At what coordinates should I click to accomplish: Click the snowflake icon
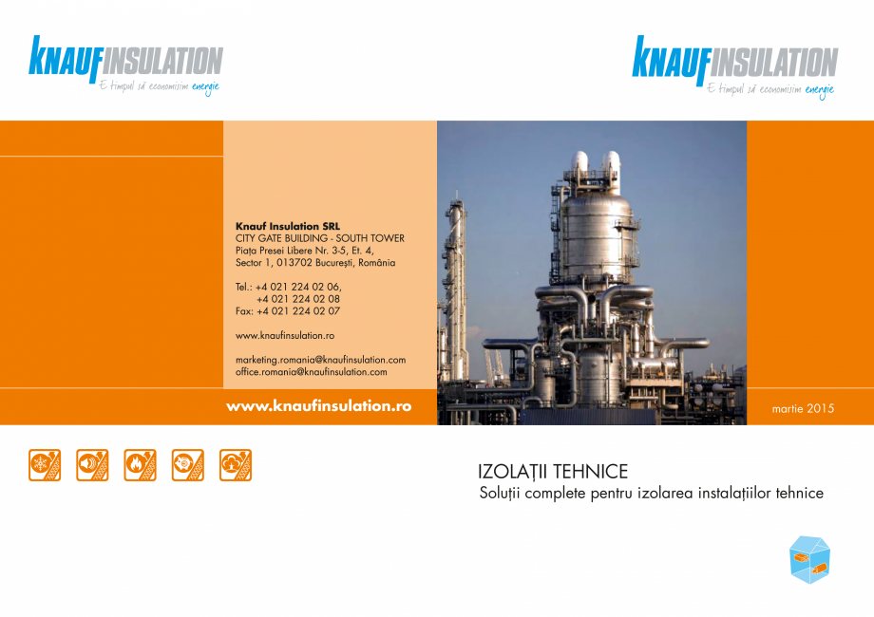pyautogui.click(x=44, y=465)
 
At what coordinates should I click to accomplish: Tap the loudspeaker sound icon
pyautogui.click(x=92, y=465)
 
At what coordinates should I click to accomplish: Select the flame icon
pyautogui.click(x=140, y=465)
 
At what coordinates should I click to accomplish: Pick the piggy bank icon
pyautogui.click(x=188, y=465)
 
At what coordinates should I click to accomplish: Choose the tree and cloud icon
pyautogui.click(x=236, y=465)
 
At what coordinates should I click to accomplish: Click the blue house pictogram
pyautogui.click(x=808, y=559)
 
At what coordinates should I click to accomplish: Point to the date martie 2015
pyautogui.click(x=805, y=409)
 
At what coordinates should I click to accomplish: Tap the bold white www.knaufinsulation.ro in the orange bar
pyautogui.click(x=318, y=405)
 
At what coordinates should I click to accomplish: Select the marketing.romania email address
pyautogui.click(x=320, y=360)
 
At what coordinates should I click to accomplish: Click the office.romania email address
pyautogui.click(x=311, y=372)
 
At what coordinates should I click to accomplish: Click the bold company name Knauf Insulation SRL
pyautogui.click(x=287, y=226)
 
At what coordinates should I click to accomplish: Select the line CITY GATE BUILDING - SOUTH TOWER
pyautogui.click(x=319, y=238)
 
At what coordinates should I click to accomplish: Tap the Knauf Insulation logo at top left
pyautogui.click(x=125, y=62)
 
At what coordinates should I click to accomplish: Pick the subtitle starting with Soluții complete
pyautogui.click(x=652, y=494)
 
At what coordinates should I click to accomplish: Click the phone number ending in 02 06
pyautogui.click(x=289, y=287)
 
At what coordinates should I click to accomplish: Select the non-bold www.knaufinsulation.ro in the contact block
pyautogui.click(x=284, y=335)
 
